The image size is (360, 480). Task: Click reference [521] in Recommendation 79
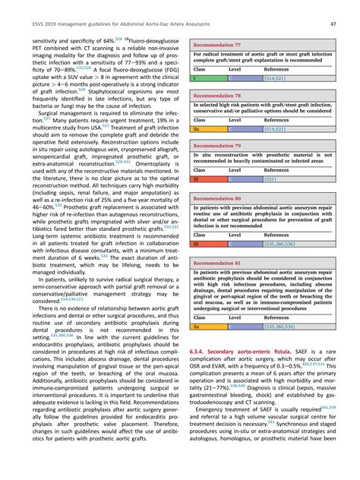click(275, 179)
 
